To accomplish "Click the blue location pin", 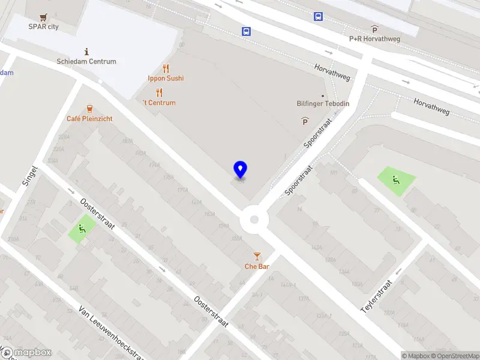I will pyautogui.click(x=240, y=169).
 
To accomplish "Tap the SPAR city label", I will pyautogui.click(x=44, y=26).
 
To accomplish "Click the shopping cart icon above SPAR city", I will pyautogui.click(x=43, y=17).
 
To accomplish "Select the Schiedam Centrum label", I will pyautogui.click(x=86, y=61).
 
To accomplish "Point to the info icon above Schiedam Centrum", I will pyautogui.click(x=87, y=52).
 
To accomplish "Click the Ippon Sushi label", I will pyautogui.click(x=166, y=78).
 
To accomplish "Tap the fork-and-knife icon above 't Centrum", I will pyautogui.click(x=159, y=92).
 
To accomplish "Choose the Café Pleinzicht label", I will pyautogui.click(x=89, y=119).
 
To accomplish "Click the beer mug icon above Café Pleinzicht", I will pyautogui.click(x=89, y=109).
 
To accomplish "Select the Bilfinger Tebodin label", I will pyautogui.click(x=323, y=104).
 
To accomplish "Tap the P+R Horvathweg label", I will pyautogui.click(x=374, y=39).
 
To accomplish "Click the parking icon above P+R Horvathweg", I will pyautogui.click(x=374, y=29).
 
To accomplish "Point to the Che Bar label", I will pyautogui.click(x=257, y=266).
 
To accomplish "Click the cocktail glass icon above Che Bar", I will pyautogui.click(x=257, y=256).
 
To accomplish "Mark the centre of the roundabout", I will pyautogui.click(x=254, y=220).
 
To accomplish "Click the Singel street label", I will pyautogui.click(x=29, y=177).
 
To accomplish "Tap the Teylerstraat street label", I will pyautogui.click(x=377, y=296).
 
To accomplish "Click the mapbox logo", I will pyautogui.click(x=26, y=353).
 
